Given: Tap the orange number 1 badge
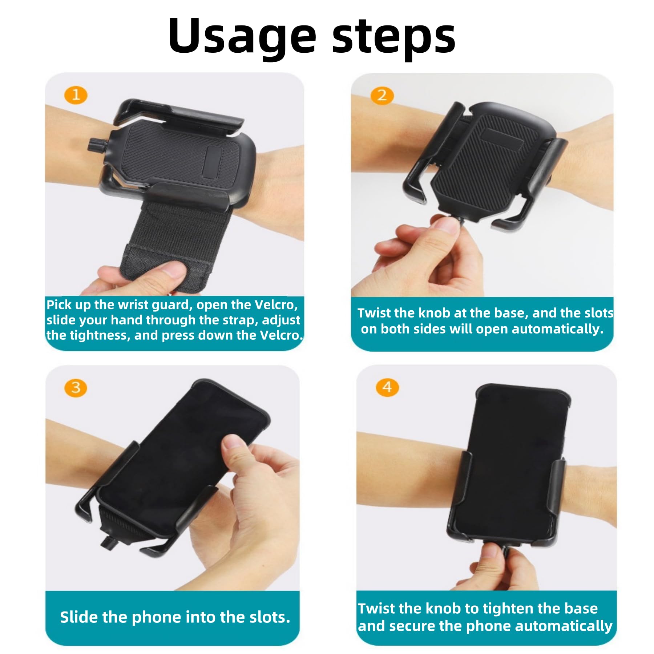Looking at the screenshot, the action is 76,95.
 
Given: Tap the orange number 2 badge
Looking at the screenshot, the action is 382,96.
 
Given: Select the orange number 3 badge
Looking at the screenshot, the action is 76,388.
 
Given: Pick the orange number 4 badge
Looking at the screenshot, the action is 387,387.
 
